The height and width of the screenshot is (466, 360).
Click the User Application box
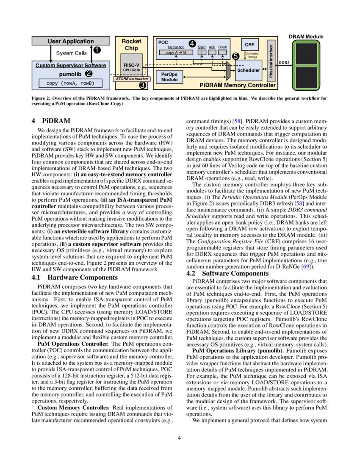pos(71,42)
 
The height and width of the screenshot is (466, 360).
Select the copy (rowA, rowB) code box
pos(71,83)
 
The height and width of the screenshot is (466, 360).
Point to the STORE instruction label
pos(132,79)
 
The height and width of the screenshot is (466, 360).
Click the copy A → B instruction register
pos(176,53)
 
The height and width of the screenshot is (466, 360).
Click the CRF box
pos(249,44)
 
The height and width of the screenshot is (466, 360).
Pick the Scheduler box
pos(248,70)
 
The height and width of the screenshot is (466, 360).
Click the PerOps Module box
pos(169,77)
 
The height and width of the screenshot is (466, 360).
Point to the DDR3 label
pos(284,63)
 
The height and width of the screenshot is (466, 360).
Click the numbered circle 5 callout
pos(235,55)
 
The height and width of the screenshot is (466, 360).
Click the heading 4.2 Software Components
pos(227,274)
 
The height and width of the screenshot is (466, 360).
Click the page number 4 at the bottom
pos(180,438)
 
